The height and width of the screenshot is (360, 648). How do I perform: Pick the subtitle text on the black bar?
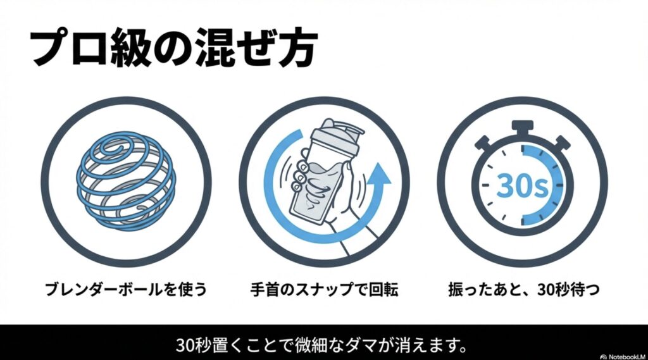[323, 345]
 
